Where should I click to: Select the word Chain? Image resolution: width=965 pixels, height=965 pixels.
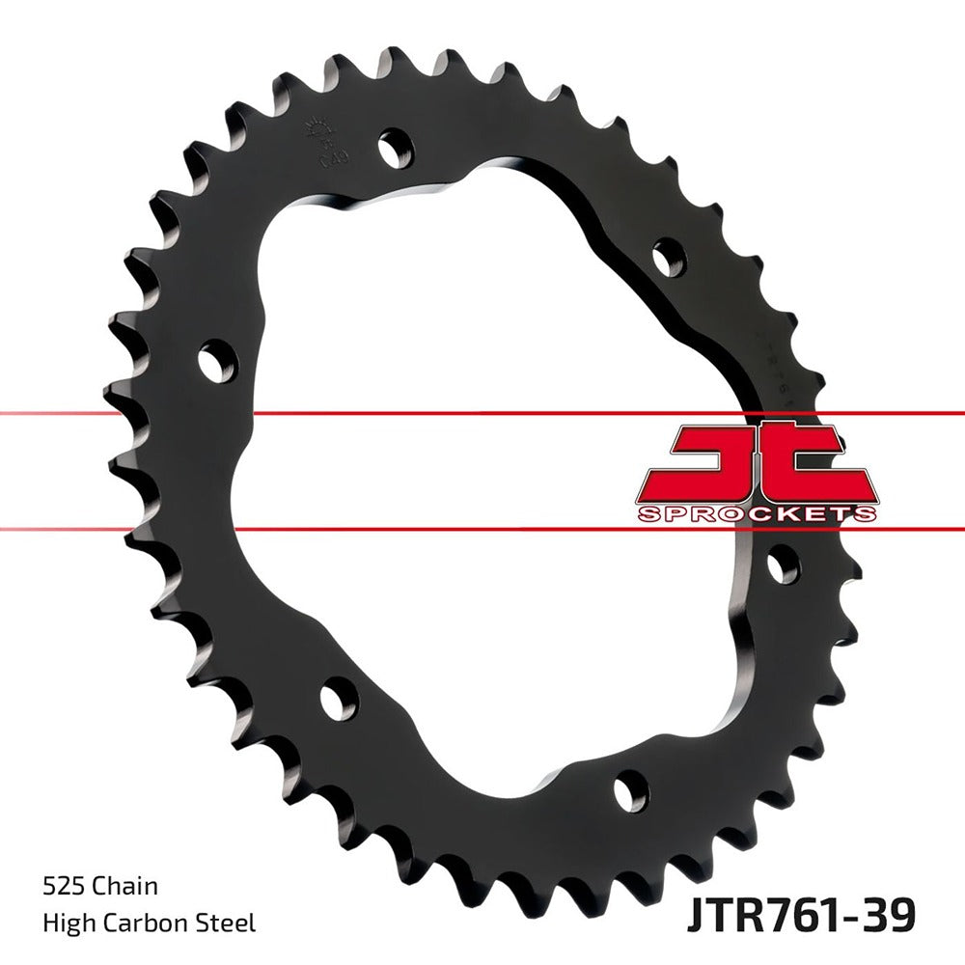(x=124, y=885)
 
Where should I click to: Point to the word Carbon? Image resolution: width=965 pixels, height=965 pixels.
(x=146, y=924)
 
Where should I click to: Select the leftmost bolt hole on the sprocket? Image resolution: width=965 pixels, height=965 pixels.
(x=217, y=361)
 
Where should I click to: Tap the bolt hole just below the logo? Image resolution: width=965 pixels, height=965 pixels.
(x=783, y=563)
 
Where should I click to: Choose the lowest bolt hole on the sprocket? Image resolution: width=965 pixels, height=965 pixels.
(x=630, y=791)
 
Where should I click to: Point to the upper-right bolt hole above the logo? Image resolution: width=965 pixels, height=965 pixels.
(x=668, y=259)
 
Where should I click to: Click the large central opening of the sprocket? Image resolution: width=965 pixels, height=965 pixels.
(x=482, y=463)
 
